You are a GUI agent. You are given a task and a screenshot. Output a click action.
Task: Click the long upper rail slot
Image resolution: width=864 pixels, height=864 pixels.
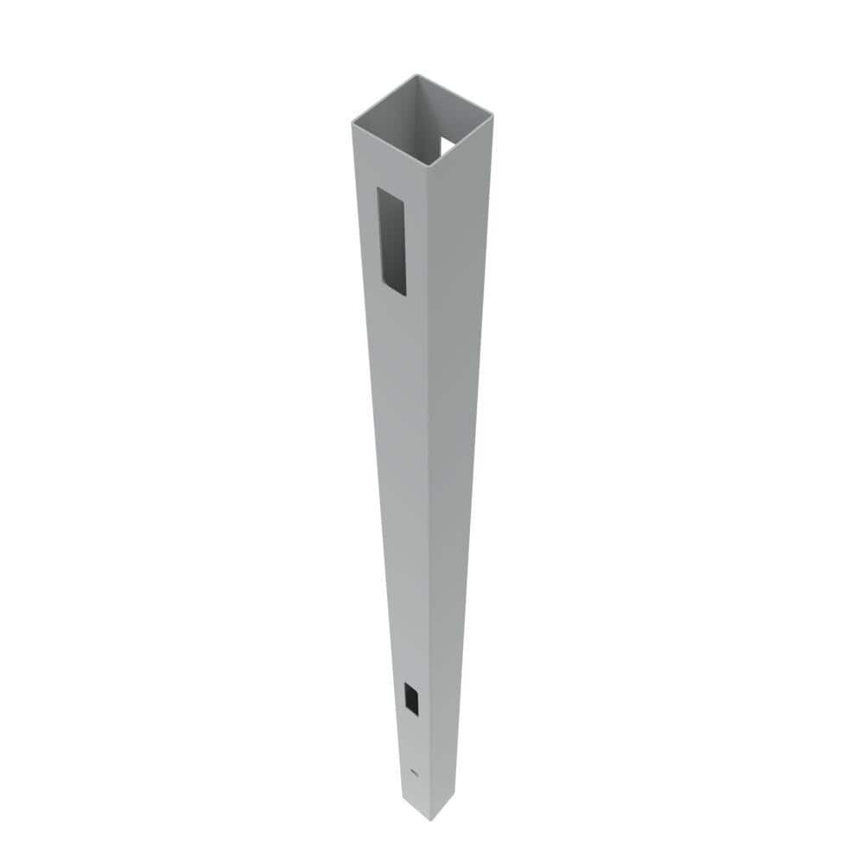pos(391,242)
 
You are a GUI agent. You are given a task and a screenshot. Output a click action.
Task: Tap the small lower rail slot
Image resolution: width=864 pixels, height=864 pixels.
pos(411,697)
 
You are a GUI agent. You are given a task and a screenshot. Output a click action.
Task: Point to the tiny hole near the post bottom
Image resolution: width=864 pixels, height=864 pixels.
pos(413,771)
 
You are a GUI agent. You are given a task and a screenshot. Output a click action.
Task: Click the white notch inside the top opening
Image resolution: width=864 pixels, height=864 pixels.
pos(448,145)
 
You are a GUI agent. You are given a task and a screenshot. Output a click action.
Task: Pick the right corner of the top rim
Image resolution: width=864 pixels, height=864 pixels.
pos(492,112)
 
